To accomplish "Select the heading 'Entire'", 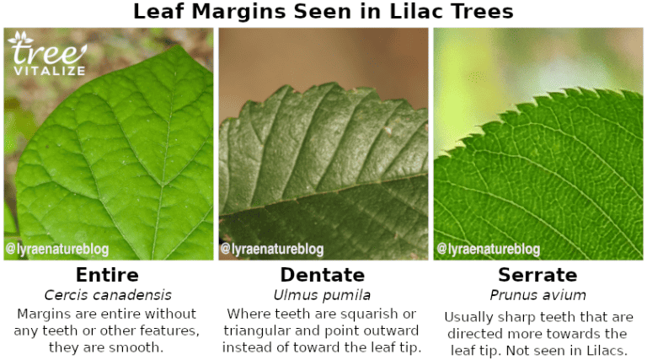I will (x=107, y=275).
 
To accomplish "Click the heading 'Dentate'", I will (x=323, y=275).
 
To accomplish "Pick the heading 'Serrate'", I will (x=537, y=275).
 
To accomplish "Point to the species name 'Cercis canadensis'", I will (x=107, y=295).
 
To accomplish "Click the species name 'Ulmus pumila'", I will (x=323, y=295).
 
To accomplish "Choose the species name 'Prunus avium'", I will (x=537, y=295).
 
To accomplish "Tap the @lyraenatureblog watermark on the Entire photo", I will (x=57, y=250).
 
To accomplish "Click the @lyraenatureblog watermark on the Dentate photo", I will (x=272, y=250).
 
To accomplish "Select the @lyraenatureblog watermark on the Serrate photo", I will (x=488, y=250).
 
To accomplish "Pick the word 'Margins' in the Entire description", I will (x=44, y=314).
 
